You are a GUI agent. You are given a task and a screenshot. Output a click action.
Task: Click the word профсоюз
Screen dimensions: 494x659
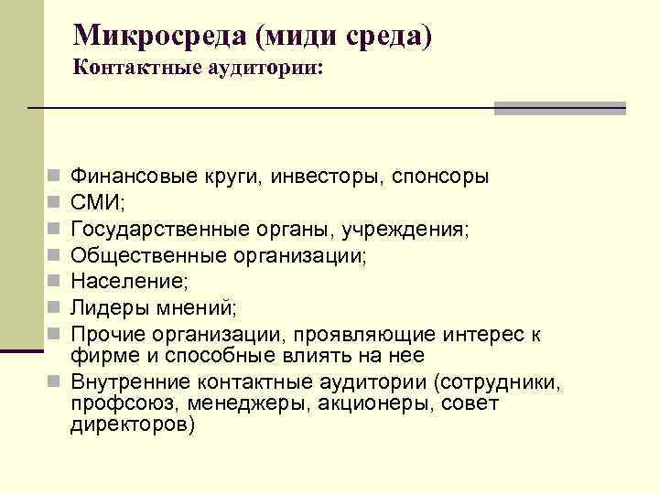pyautogui.click(x=114, y=403)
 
